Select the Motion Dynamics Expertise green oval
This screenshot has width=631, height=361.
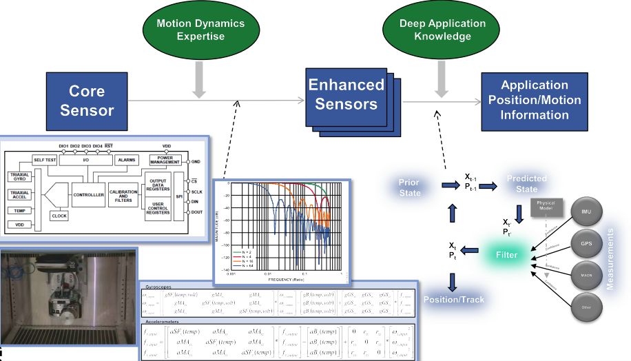tap(200, 30)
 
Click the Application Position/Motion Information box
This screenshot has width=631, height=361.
tap(535, 101)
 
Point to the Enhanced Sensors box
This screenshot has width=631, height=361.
tap(346, 96)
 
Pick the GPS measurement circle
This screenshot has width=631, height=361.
tap(586, 243)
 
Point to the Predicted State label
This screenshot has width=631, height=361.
tap(527, 184)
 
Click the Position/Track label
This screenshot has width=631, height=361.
tap(453, 300)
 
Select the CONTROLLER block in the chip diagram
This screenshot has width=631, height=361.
tap(88, 194)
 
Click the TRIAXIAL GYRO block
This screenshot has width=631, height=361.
tap(19, 177)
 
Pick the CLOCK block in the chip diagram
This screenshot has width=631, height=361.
tap(59, 216)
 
